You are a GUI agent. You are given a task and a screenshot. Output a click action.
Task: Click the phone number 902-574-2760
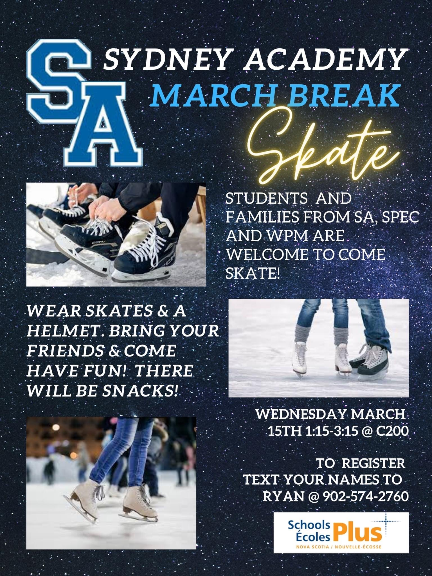pos(366,497)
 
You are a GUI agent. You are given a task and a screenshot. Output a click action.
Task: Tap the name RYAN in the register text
pos(283,497)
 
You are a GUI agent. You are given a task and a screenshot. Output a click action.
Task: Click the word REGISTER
pos(374,463)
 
